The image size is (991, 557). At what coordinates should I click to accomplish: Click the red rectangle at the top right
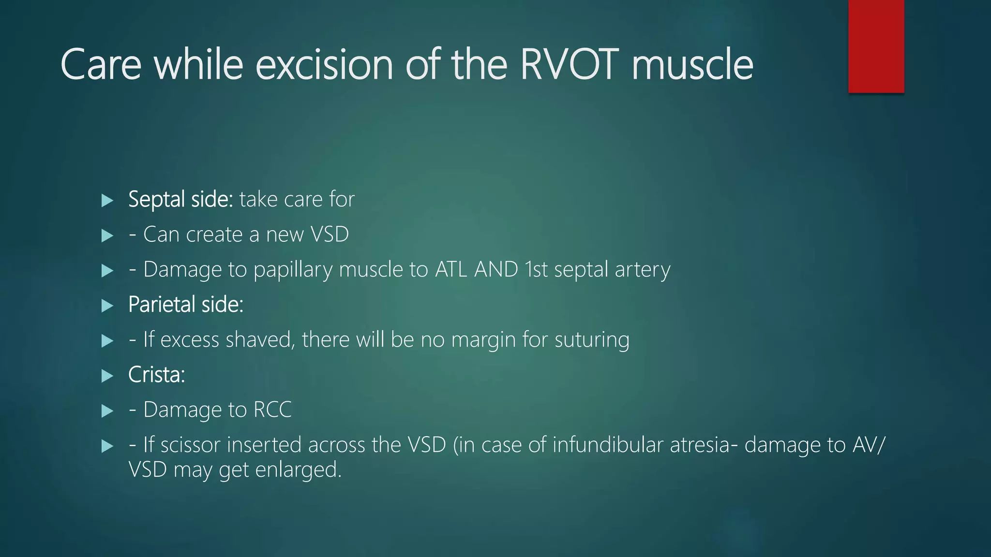(876, 46)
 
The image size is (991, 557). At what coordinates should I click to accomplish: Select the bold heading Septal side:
(180, 199)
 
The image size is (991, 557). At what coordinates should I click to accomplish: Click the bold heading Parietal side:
(186, 305)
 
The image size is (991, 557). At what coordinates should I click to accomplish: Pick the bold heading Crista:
(156, 375)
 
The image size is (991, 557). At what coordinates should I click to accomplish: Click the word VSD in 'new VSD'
(329, 235)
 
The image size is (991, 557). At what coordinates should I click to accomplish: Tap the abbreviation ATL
(451, 269)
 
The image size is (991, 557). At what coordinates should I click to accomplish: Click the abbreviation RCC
(272, 410)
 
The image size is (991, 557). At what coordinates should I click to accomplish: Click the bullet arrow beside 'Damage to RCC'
(107, 411)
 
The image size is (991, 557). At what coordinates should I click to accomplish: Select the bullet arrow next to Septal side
(107, 200)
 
